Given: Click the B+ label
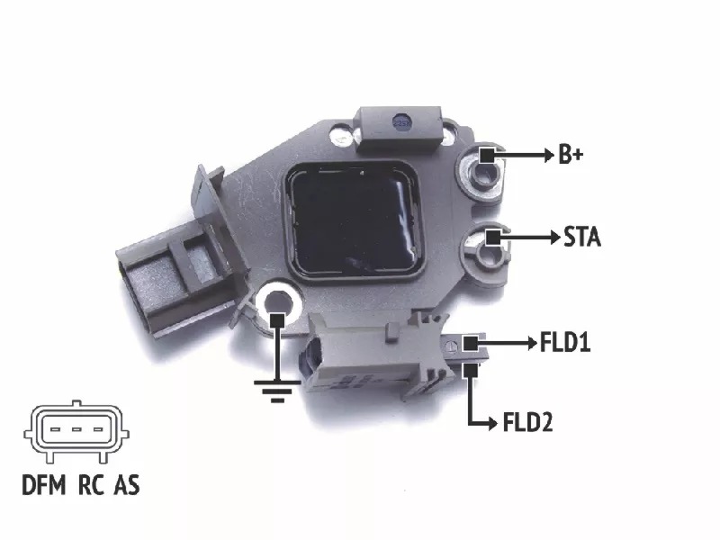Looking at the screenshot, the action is click(x=571, y=155).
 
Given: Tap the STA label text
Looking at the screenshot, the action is click(x=581, y=237).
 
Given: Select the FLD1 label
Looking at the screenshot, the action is click(x=565, y=343).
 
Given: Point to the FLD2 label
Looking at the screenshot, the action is click(x=527, y=422).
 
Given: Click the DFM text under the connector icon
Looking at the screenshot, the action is click(x=44, y=485).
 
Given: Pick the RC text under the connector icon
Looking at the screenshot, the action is click(x=92, y=485).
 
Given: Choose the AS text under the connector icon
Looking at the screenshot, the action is click(x=127, y=485).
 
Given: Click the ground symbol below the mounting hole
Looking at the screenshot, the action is click(x=277, y=391).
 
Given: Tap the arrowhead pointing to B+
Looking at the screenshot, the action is click(x=549, y=155).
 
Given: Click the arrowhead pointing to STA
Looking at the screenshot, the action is click(x=555, y=238).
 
